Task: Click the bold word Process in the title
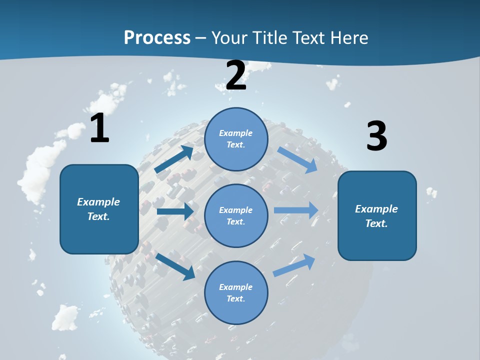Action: [157, 38]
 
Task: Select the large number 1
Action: [99, 128]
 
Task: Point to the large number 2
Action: [236, 75]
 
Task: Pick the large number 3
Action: [376, 136]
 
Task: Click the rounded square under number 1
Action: [99, 209]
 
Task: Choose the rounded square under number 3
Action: [377, 215]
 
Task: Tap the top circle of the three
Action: [236, 139]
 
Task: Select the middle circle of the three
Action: [236, 215]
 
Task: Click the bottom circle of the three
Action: [236, 292]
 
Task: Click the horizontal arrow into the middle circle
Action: [175, 211]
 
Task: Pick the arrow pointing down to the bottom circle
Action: [175, 266]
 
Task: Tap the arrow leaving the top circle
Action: [297, 159]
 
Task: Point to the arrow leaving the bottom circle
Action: [294, 265]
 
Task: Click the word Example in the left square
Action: [98, 202]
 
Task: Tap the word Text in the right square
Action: [375, 223]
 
